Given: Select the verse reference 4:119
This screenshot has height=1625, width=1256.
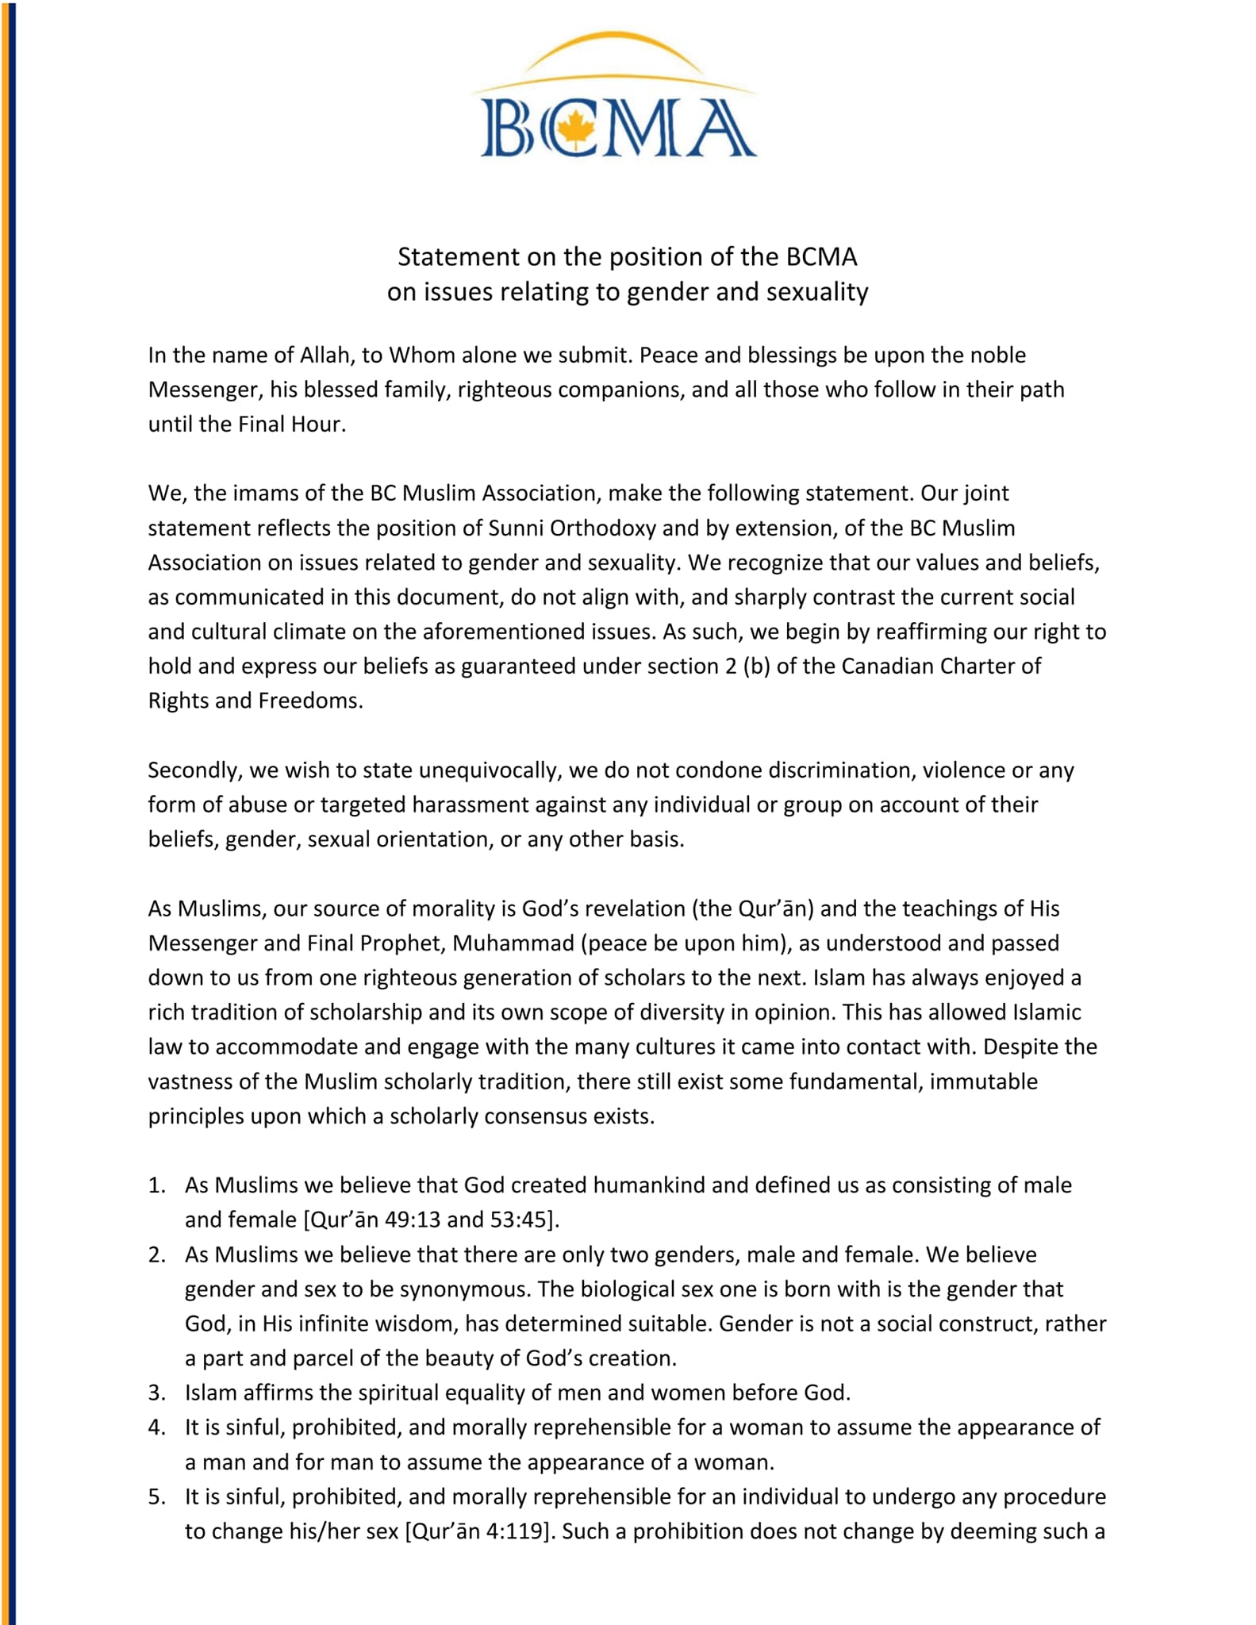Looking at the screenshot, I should tap(516, 1531).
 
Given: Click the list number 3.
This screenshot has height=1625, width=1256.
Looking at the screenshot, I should tap(156, 1393).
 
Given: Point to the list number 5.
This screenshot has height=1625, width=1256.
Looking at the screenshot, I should tap(156, 1496).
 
